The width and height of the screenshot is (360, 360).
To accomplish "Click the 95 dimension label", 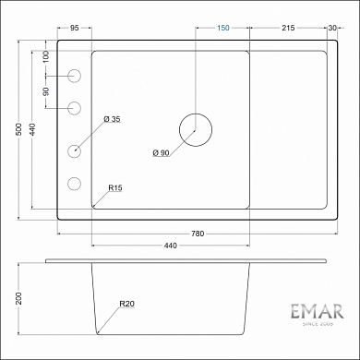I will click(x=74, y=29).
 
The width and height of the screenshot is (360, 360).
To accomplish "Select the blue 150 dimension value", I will click(x=222, y=29).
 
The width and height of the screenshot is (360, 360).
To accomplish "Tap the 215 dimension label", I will click(x=288, y=29).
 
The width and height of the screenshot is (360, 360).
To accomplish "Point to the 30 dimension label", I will click(x=332, y=29).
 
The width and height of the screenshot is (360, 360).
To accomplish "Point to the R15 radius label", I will click(x=115, y=188).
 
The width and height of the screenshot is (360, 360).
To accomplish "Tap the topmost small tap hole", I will click(x=75, y=75).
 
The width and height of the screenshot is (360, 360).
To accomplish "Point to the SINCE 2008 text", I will click(x=316, y=326).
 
